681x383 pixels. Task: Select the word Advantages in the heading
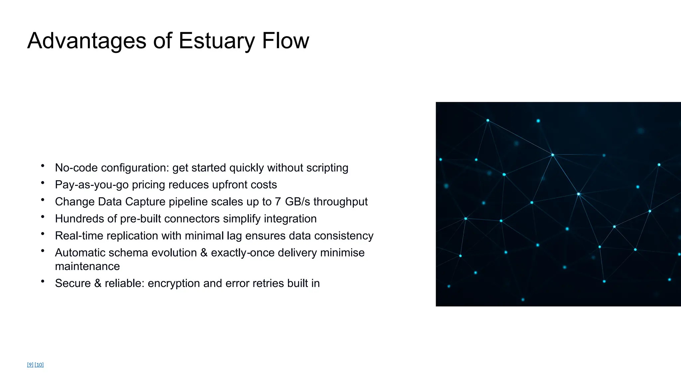[x=87, y=41]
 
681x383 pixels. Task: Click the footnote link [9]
[x=30, y=365]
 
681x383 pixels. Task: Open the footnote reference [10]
[x=39, y=365]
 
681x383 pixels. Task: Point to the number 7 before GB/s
[x=278, y=202]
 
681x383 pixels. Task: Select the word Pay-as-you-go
[x=92, y=185]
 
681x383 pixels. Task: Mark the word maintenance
[x=87, y=266]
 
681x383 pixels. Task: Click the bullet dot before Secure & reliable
[x=43, y=281]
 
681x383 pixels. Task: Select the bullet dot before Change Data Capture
[x=43, y=200]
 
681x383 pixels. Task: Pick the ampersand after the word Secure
[x=98, y=283]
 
